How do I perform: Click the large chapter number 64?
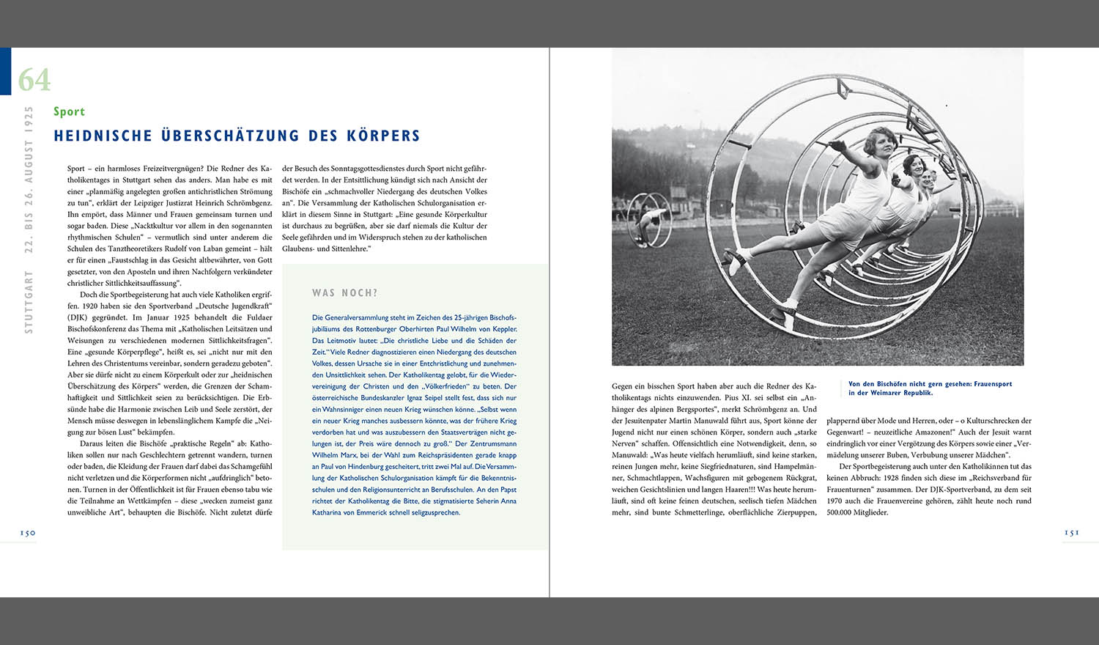point(34,80)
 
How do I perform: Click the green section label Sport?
point(69,111)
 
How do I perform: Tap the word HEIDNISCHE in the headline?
point(103,136)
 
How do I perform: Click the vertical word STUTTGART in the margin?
point(29,302)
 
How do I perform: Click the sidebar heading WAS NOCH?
point(344,293)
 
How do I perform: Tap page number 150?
point(28,533)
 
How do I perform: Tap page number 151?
point(1071,533)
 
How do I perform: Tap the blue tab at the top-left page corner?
point(5,71)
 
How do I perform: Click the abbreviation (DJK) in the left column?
point(79,317)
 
